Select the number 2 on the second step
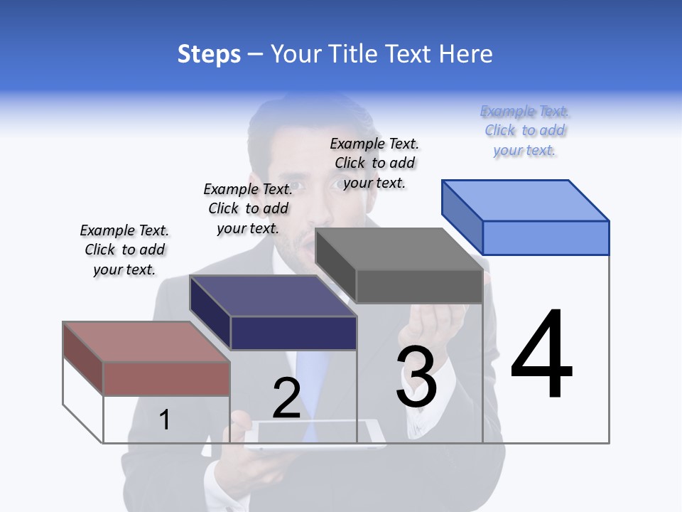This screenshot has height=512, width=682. point(286,398)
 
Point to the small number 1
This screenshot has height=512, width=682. point(164,420)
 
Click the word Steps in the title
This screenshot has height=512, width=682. point(209,54)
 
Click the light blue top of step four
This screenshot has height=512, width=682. point(526,200)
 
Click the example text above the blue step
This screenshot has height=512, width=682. point(524,131)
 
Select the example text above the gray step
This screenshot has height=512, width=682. point(374,163)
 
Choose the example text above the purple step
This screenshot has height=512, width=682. point(248,208)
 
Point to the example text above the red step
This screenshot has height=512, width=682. point(124,250)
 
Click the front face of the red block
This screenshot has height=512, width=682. point(166,378)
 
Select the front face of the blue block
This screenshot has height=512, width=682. point(546,238)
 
